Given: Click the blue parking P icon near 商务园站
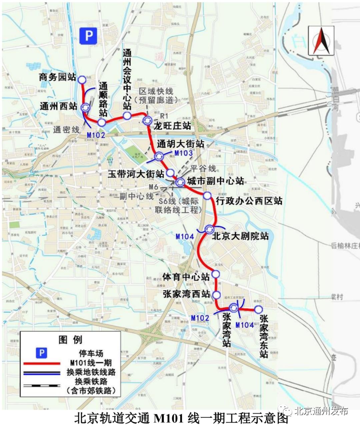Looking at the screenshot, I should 88,35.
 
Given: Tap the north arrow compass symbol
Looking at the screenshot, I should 321,40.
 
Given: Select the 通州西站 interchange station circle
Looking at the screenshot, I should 86,107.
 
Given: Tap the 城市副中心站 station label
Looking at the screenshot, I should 215,181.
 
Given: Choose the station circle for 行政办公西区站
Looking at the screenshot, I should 207,196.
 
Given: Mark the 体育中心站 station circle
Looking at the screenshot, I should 216,274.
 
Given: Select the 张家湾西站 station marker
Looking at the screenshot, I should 216,295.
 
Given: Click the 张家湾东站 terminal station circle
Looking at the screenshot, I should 258,309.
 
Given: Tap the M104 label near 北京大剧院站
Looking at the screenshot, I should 185,236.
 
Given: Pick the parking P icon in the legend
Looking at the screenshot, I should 41,353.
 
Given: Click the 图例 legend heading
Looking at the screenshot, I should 70,340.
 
